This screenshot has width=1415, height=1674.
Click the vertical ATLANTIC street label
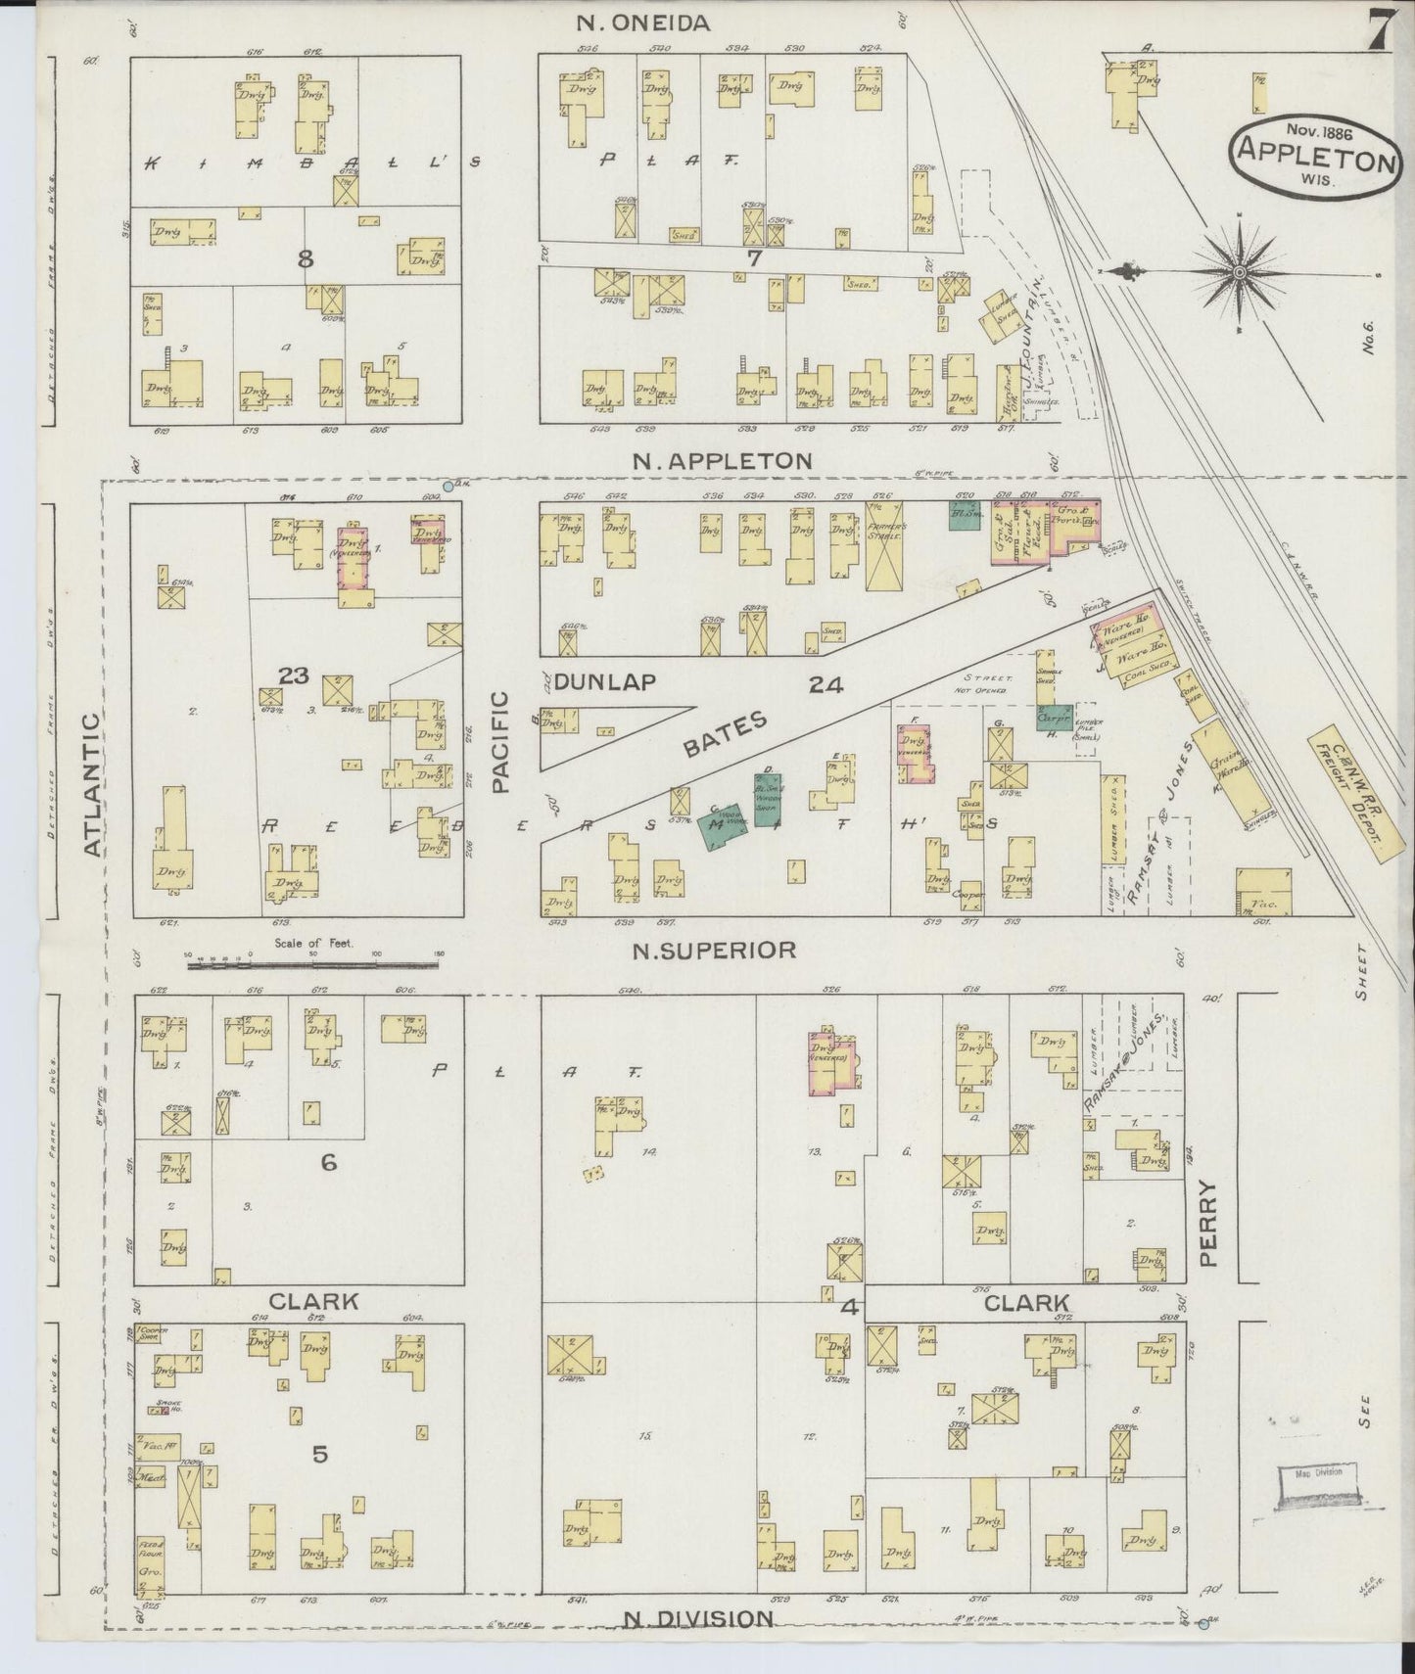pos(92,785)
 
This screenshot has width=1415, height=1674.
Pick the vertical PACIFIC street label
pos(501,741)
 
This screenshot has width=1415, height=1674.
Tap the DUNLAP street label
pos(604,682)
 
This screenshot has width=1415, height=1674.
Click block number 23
pos(293,675)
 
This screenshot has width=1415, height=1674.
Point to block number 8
pos(306,259)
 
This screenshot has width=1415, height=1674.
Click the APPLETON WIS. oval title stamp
pos(1315,155)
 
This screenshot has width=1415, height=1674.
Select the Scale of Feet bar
pos(314,964)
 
